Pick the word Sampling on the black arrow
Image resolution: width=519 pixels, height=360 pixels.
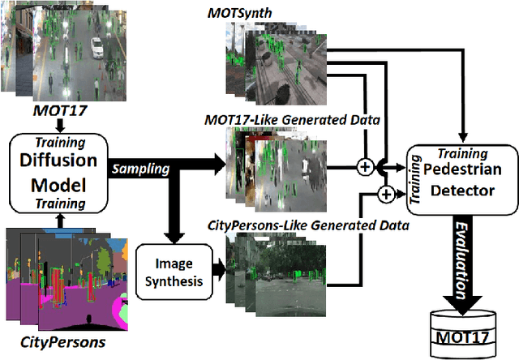[141, 169]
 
